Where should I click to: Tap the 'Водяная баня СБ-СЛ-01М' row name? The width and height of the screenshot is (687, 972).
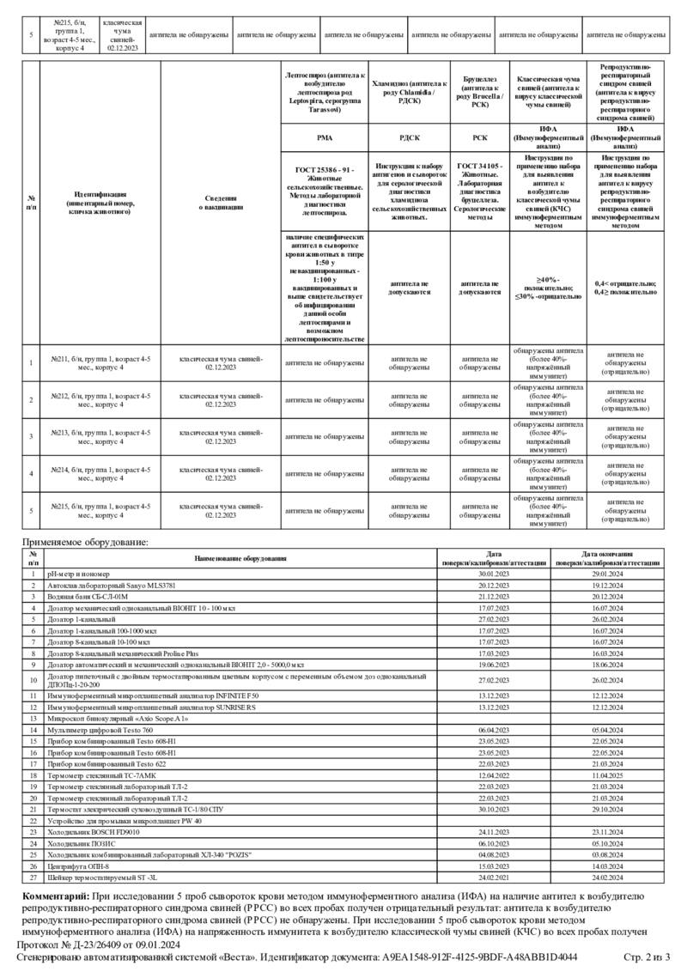click(87, 595)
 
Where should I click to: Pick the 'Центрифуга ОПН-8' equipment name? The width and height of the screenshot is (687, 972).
click(81, 866)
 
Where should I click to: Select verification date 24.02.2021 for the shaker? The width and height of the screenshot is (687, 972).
click(501, 878)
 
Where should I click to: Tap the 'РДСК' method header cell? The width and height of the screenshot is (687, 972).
click(410, 137)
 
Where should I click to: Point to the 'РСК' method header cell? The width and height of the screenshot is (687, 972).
click(480, 137)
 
